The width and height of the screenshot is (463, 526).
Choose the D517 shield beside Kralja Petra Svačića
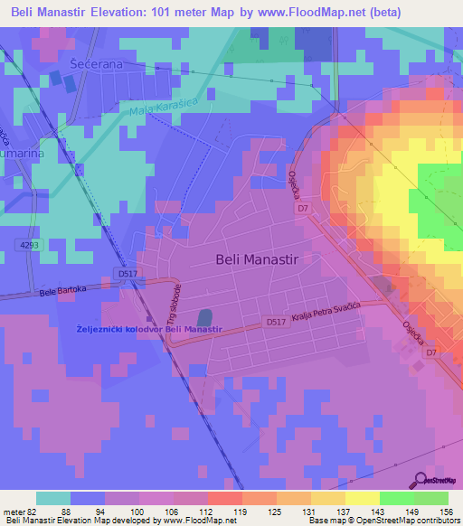[277, 321]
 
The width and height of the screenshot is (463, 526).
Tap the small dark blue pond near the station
[204, 319]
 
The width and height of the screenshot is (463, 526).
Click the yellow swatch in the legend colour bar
[362, 498]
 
